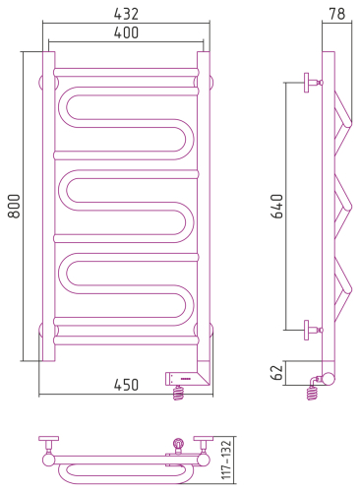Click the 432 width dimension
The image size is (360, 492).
(x=126, y=14)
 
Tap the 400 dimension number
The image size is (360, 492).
(x=126, y=32)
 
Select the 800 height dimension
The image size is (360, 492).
(x=14, y=206)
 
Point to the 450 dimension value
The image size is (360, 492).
(x=126, y=385)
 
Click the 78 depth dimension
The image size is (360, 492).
(x=337, y=14)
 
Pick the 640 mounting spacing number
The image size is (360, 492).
(x=277, y=206)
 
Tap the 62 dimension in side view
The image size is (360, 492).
(x=277, y=372)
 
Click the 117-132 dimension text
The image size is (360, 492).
(x=226, y=460)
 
